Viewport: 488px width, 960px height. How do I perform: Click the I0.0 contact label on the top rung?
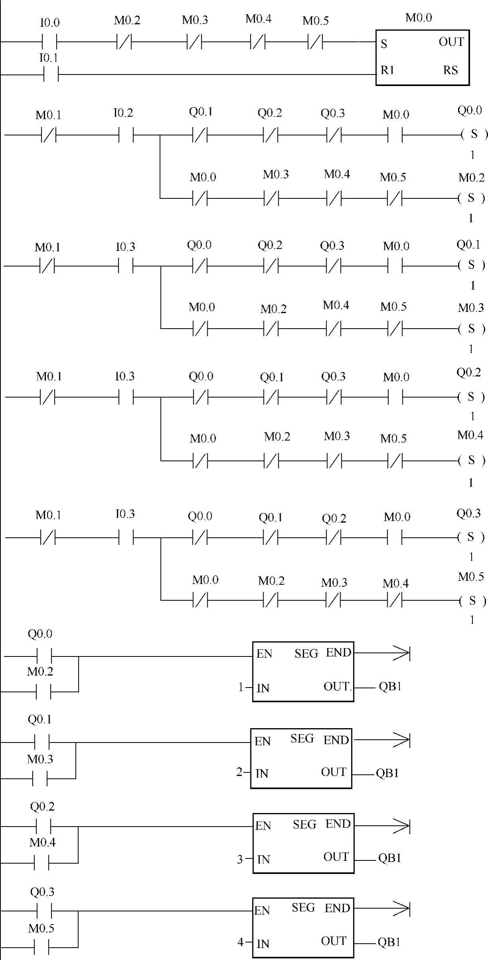pyautogui.click(x=49, y=23)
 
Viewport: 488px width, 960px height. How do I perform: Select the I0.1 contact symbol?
pyautogui.click(x=51, y=74)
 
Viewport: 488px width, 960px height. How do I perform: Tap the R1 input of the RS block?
pyautogui.click(x=387, y=71)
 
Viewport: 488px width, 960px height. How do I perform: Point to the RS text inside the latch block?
pyautogui.click(x=451, y=71)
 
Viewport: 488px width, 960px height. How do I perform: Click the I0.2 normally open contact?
pyautogui.click(x=126, y=135)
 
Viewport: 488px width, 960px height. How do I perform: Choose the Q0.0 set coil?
pyautogui.click(x=474, y=134)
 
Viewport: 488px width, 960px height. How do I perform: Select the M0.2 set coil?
pyautogui.click(x=471, y=198)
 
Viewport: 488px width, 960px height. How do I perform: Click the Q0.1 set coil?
pyautogui.click(x=471, y=265)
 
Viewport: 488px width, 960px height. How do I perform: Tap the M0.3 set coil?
pyautogui.click(x=471, y=329)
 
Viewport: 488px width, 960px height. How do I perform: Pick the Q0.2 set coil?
pyautogui.click(x=471, y=397)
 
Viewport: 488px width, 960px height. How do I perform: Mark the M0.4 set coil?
pyautogui.click(x=471, y=460)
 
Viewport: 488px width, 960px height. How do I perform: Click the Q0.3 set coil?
pyautogui.click(x=471, y=537)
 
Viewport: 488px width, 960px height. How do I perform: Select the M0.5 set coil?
pyautogui.click(x=472, y=600)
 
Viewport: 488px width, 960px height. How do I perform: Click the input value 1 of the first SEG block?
pyautogui.click(x=240, y=687)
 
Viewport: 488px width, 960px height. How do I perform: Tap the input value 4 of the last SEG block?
pyautogui.click(x=240, y=942)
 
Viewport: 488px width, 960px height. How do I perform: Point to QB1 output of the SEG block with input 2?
pyautogui.click(x=387, y=773)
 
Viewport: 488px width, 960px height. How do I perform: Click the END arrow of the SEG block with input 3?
pyautogui.click(x=401, y=827)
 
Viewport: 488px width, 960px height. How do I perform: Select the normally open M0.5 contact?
pyautogui.click(x=41, y=947)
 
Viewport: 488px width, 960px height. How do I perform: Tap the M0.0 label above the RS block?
pyautogui.click(x=418, y=18)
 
